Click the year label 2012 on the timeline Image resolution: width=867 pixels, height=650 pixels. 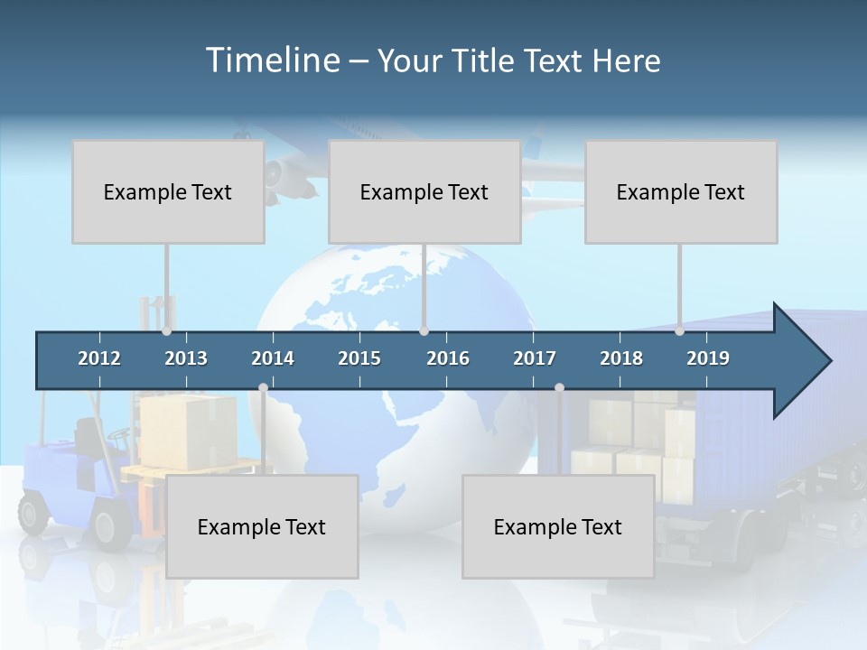tap(99, 358)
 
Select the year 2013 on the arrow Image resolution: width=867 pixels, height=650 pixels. tap(186, 358)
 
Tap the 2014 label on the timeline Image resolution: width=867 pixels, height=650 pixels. tap(273, 358)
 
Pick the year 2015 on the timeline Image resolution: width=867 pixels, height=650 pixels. tap(359, 358)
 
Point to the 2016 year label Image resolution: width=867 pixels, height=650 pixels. tap(448, 358)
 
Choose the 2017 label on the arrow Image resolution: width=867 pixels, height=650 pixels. tap(535, 358)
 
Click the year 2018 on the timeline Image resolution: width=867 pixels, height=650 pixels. tap(621, 358)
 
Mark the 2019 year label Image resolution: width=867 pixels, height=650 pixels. tap(708, 358)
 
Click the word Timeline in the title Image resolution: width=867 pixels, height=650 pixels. tap(272, 60)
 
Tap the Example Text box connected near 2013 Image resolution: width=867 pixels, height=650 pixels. tap(168, 191)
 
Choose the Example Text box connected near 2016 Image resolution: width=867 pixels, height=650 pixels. tap(424, 191)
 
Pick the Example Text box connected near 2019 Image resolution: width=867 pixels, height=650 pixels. tap(681, 191)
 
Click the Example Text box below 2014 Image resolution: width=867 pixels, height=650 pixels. tap(262, 526)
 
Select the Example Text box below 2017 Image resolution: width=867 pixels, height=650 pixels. tap(558, 526)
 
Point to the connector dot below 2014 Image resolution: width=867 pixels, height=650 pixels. tap(263, 388)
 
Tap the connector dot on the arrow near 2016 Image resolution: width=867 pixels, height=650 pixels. tap(424, 331)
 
